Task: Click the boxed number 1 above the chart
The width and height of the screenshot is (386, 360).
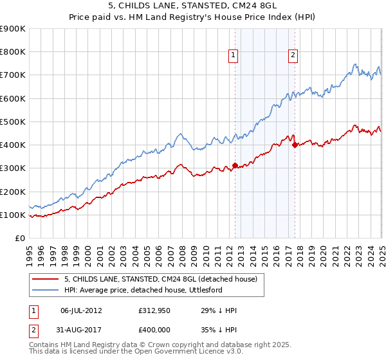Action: pyautogui.click(x=232, y=56)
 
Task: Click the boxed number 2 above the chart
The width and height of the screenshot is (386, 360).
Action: pyautogui.click(x=293, y=56)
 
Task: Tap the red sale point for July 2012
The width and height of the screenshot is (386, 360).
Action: pyautogui.click(x=235, y=165)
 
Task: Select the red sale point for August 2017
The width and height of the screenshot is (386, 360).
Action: pyautogui.click(x=295, y=145)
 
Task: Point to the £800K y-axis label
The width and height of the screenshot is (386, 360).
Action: pyautogui.click(x=12, y=52)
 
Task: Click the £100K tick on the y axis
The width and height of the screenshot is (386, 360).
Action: pyautogui.click(x=12, y=215)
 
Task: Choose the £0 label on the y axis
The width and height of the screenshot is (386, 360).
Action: pyautogui.click(x=19, y=239)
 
